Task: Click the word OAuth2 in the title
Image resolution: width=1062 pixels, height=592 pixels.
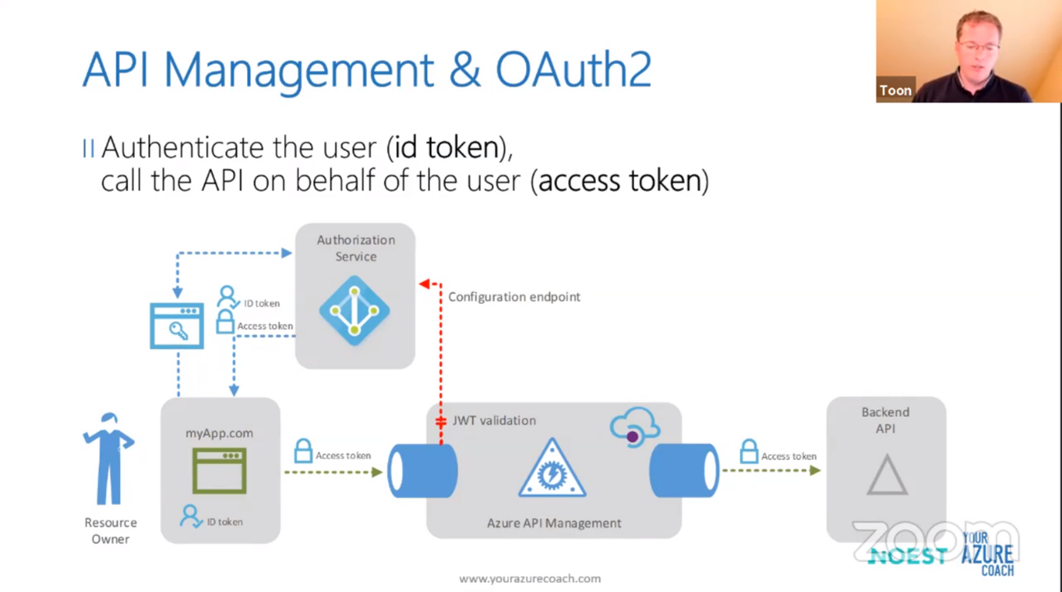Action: click(573, 69)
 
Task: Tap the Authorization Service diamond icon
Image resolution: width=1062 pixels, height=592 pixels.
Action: click(355, 311)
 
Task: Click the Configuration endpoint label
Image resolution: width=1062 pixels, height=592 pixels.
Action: click(514, 297)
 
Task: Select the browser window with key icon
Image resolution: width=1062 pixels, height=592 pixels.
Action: click(177, 326)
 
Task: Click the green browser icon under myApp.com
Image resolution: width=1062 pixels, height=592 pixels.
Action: click(219, 470)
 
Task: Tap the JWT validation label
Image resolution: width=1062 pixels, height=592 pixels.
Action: click(494, 421)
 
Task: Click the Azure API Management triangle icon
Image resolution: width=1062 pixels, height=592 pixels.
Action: click(552, 469)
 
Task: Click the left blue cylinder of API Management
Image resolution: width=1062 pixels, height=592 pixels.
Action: click(422, 471)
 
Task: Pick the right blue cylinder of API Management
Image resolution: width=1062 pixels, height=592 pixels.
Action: click(684, 471)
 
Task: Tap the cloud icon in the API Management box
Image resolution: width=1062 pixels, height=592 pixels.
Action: click(635, 426)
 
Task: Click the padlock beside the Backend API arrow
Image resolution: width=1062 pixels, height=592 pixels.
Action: click(748, 451)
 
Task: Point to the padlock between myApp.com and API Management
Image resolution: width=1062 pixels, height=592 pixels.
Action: click(303, 450)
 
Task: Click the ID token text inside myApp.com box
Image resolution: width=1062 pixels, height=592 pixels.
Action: click(224, 522)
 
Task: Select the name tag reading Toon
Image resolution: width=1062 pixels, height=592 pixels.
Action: click(895, 90)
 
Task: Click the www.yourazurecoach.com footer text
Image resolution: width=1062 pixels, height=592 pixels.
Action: click(530, 579)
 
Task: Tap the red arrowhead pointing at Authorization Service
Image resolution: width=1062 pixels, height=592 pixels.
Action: click(424, 284)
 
